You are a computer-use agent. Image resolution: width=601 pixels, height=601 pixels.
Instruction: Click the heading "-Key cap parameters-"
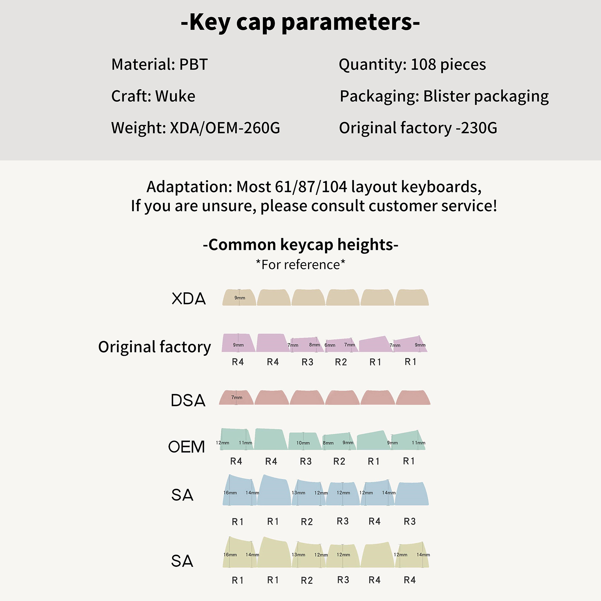click(300, 23)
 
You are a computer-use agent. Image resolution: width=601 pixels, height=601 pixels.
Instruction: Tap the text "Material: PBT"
click(159, 65)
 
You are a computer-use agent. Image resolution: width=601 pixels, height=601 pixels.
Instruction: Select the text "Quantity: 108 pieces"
click(412, 65)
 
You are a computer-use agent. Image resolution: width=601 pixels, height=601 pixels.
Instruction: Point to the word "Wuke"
click(175, 96)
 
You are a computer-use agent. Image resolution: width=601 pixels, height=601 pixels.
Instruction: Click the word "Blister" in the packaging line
click(447, 96)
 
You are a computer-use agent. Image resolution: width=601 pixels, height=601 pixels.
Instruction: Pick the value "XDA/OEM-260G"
click(225, 128)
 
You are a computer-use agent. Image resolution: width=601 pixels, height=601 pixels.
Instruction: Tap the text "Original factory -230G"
click(418, 128)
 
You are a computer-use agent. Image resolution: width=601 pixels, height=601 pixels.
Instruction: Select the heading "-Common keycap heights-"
click(300, 245)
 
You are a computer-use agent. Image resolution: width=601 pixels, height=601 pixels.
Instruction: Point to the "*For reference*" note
click(300, 265)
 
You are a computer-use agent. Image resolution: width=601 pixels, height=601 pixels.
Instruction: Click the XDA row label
click(189, 299)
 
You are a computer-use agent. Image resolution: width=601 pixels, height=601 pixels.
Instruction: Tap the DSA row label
click(188, 400)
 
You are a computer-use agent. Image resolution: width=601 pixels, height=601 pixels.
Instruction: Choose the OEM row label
click(187, 447)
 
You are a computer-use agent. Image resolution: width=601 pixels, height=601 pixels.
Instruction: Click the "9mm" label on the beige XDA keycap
click(240, 298)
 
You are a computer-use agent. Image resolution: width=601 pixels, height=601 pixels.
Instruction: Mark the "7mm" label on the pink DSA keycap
click(237, 397)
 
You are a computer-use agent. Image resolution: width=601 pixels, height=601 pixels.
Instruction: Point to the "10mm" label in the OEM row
click(303, 443)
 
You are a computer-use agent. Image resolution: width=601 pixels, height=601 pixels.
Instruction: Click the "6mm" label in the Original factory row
click(330, 345)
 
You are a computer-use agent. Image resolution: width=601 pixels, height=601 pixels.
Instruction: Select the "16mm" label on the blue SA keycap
click(230, 493)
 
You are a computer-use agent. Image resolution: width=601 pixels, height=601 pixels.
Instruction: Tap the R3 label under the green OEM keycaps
click(306, 461)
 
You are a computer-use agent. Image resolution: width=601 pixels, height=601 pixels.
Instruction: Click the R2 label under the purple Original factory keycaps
click(341, 362)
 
